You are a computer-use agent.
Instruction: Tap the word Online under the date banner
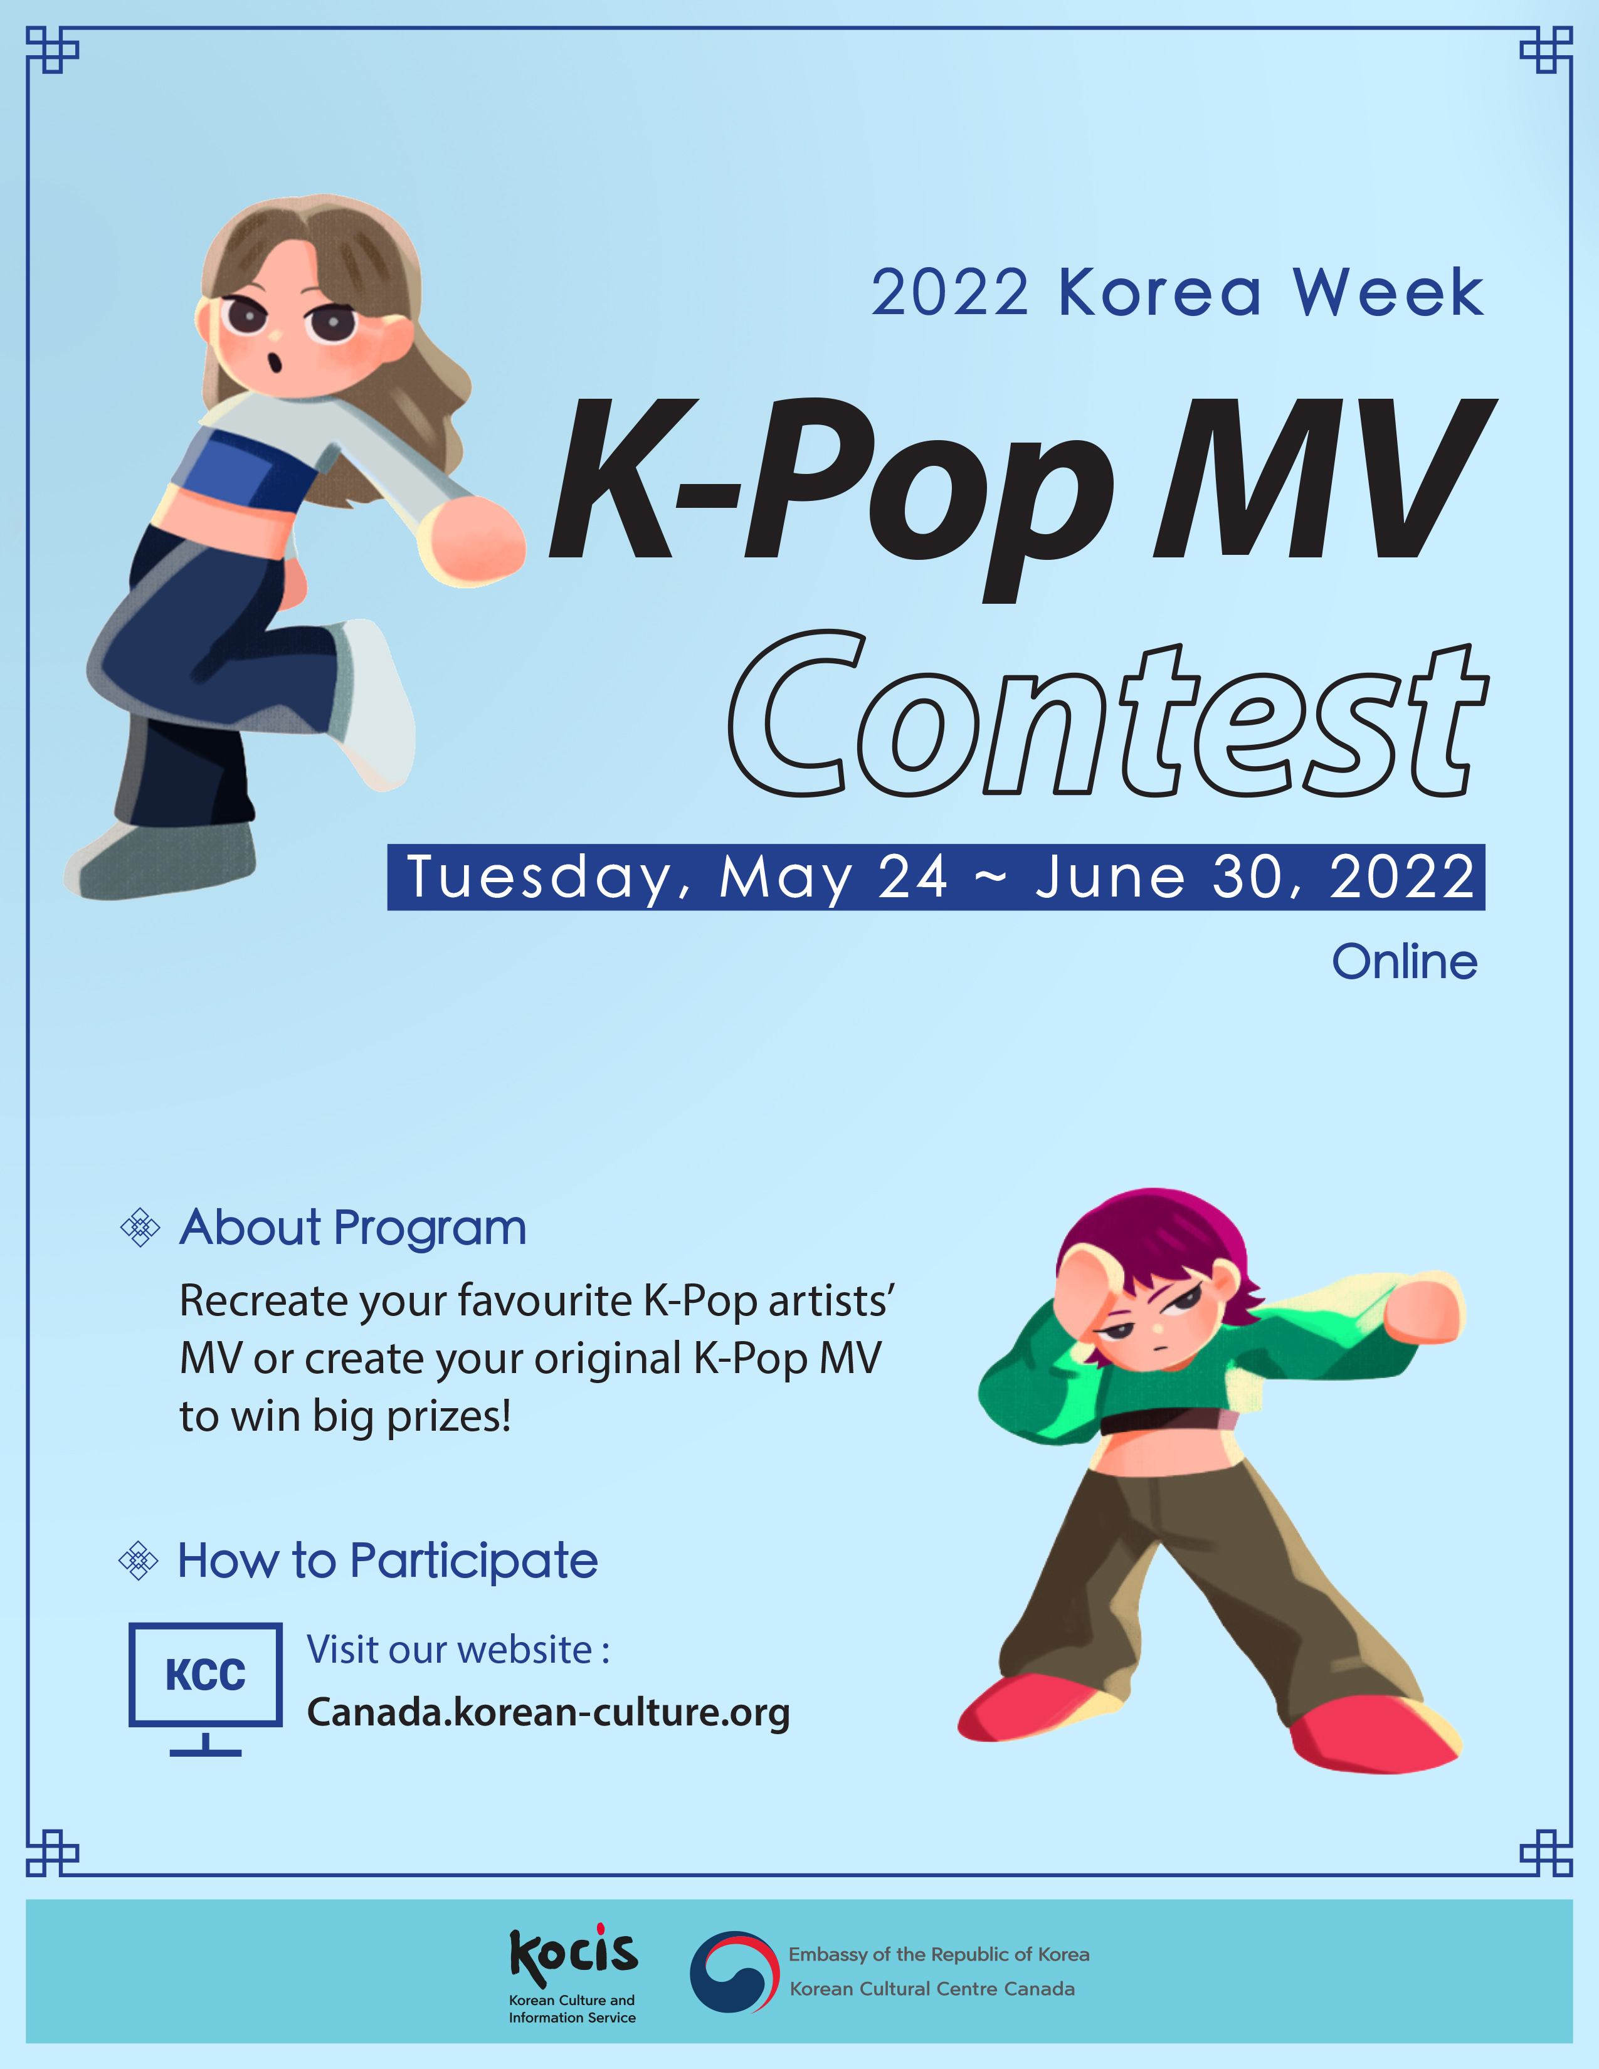tap(1404, 962)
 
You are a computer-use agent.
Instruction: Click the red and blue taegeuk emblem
tap(734, 1971)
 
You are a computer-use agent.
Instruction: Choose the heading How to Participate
tap(388, 1561)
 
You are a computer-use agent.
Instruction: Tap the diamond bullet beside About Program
tap(140, 1228)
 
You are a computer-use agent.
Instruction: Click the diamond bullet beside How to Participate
tap(139, 1561)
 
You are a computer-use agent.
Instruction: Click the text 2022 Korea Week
tap(1176, 293)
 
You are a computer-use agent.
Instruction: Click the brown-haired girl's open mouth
tap(276, 362)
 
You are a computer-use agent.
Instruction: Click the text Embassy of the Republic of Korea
tap(939, 1954)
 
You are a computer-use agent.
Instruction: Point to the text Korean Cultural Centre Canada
tap(932, 1989)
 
